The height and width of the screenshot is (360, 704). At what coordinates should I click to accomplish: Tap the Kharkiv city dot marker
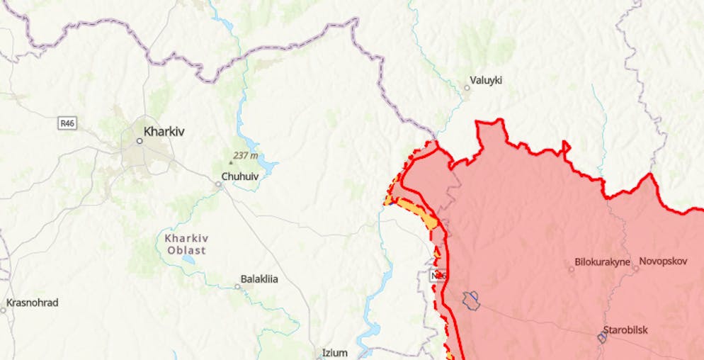(140, 141)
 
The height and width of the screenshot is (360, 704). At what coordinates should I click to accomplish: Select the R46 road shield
(67, 123)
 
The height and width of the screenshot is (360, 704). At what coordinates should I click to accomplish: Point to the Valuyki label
(486, 80)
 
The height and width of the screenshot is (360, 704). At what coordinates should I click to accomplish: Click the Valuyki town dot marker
(467, 88)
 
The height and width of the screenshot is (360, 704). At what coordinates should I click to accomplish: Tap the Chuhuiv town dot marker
(219, 184)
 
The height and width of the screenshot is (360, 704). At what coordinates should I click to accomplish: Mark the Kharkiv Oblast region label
(186, 244)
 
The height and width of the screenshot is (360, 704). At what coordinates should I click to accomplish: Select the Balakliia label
(259, 279)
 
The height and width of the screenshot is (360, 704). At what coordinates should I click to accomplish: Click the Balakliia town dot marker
(238, 286)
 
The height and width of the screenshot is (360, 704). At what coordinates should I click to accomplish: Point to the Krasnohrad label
(33, 303)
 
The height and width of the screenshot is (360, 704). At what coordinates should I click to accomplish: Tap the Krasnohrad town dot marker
(2, 310)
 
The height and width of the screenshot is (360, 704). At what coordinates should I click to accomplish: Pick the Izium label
(335, 352)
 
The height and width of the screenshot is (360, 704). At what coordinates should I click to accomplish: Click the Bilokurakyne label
(603, 261)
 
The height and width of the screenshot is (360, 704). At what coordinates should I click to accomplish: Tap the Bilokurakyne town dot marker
(572, 269)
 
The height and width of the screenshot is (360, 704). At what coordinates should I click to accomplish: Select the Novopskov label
(663, 261)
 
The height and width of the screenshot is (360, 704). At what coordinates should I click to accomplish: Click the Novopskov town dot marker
(635, 269)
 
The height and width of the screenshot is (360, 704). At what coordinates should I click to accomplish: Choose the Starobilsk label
(625, 330)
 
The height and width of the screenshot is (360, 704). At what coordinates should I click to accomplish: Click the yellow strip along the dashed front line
(418, 212)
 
